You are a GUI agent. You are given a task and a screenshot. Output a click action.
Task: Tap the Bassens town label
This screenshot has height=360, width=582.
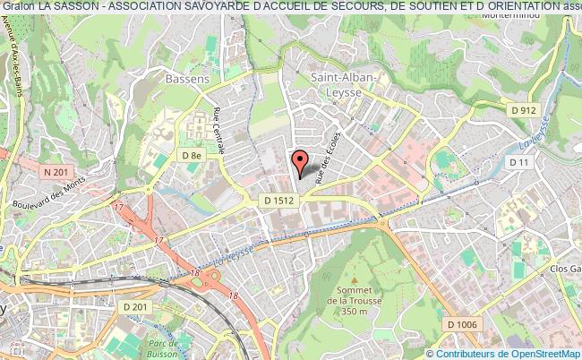click(187, 78)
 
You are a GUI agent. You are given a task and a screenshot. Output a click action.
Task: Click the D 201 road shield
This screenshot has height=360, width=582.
click(136, 307)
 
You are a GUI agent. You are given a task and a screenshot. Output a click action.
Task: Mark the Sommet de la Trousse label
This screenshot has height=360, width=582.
click(355, 299)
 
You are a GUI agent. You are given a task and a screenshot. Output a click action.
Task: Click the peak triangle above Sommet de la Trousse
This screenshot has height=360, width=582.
click(355, 269)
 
